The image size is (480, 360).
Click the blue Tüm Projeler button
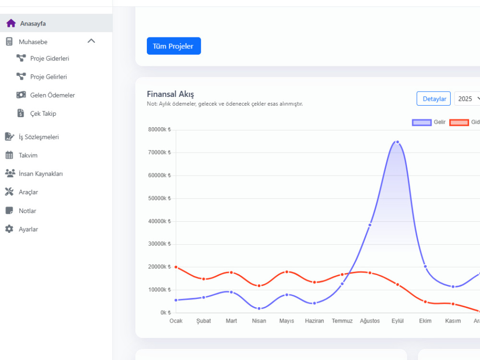[x=174, y=46]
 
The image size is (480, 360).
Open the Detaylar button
[x=433, y=98]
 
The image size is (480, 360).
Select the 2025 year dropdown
[x=468, y=98]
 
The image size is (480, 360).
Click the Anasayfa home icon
[x=11, y=23]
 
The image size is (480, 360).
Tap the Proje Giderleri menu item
[x=49, y=58]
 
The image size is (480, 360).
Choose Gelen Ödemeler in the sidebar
[x=52, y=95]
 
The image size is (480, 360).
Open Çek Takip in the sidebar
[x=43, y=113]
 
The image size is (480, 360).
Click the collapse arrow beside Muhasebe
[x=91, y=41]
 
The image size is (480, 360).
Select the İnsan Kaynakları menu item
[x=41, y=174]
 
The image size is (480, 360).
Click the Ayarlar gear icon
[x=9, y=229]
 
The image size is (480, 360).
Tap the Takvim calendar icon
[x=9, y=155]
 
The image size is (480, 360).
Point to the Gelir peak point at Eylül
[x=397, y=142]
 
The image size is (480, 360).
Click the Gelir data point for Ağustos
[x=370, y=225]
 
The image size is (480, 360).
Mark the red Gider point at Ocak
[x=176, y=267]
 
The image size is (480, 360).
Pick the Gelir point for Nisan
[x=259, y=309]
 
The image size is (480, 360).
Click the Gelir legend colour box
[x=422, y=122]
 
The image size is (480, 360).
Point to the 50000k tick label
[x=159, y=198]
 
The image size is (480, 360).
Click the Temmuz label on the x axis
[x=342, y=321]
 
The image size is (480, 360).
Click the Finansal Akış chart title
[x=170, y=94]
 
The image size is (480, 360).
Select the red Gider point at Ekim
[x=425, y=302]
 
